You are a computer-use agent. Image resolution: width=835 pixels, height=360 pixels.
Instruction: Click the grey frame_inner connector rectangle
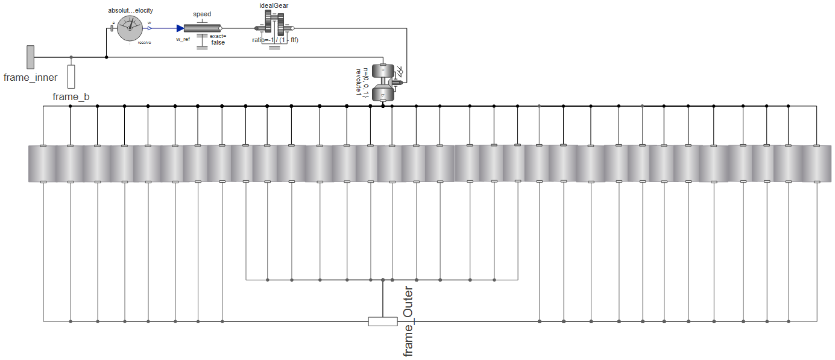click(30, 57)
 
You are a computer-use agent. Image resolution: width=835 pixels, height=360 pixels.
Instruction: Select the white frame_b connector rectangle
click(71, 77)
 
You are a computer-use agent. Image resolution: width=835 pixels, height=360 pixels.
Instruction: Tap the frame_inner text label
click(30, 77)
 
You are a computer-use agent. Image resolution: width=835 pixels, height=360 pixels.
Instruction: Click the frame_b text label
click(71, 97)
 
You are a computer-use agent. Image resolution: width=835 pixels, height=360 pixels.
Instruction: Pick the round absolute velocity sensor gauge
click(128, 28)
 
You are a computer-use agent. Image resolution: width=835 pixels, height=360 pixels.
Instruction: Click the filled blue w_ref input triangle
click(180, 28)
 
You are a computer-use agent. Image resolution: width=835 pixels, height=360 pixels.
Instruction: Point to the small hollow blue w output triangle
click(150, 28)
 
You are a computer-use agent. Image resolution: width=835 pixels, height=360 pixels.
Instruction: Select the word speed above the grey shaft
click(202, 14)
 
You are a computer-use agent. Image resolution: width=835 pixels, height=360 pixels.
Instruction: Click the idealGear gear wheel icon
click(274, 28)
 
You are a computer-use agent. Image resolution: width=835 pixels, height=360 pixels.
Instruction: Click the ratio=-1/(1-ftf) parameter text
click(275, 40)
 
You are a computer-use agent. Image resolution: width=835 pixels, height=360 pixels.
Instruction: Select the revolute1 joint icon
click(383, 83)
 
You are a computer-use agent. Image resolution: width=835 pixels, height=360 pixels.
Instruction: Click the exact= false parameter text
click(218, 39)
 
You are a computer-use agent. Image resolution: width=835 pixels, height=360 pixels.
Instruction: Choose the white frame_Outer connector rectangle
click(383, 321)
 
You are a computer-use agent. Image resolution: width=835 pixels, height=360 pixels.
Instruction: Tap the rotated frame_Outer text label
click(409, 321)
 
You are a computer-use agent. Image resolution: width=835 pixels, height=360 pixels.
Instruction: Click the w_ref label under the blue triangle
click(183, 39)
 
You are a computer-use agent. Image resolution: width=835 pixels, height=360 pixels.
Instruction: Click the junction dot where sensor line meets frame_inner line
click(107, 57)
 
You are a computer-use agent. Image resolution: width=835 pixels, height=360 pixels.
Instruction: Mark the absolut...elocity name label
click(126, 10)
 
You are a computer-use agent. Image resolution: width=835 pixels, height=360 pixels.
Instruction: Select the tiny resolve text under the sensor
click(144, 43)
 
